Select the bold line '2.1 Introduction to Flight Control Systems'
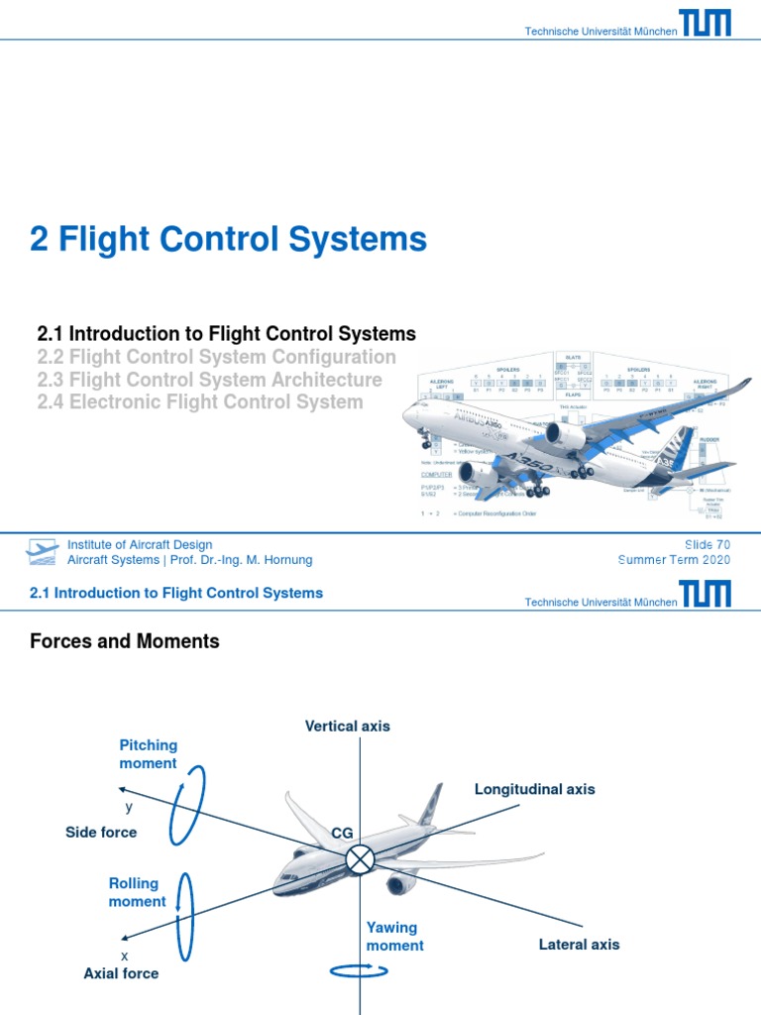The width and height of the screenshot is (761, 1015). tap(226, 334)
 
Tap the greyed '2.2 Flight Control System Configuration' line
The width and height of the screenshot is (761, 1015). tap(216, 357)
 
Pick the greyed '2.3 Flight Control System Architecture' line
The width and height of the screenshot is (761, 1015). tap(209, 380)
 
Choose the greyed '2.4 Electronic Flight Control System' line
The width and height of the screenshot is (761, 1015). tap(199, 402)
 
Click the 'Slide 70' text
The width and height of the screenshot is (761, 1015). tap(707, 544)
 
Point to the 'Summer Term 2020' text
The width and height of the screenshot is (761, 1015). tap(674, 560)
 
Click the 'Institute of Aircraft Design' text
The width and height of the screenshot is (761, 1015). tap(139, 544)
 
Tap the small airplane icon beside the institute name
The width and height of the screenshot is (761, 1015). tap(43, 552)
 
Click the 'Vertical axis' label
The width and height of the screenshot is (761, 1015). tap(347, 726)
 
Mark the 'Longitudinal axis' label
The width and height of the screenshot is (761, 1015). tap(535, 789)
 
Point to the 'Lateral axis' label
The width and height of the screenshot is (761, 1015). tap(579, 945)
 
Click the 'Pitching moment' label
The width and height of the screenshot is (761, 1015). tap(148, 754)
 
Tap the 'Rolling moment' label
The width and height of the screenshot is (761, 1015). tap(137, 892)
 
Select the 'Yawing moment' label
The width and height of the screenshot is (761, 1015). tap(394, 937)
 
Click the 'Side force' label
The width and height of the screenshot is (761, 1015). tap(101, 833)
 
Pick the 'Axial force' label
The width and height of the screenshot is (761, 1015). tap(121, 973)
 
